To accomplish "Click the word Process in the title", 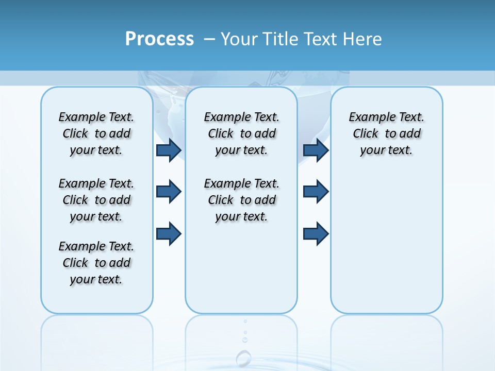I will (159, 39).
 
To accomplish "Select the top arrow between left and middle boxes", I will (168, 150).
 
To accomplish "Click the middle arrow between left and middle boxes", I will (168, 192).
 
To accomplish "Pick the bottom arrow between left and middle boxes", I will (168, 233).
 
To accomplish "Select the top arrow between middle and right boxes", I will (316, 150).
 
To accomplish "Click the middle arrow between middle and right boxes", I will (316, 192).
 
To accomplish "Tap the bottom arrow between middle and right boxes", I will (316, 233).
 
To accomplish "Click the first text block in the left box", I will (96, 133).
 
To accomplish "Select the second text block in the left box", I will (96, 200).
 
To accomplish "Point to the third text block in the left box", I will (96, 263).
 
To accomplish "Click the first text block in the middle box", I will (241, 133).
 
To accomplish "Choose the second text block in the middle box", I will (241, 200).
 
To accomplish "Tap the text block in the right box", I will (386, 133).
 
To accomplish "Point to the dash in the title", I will (209, 39).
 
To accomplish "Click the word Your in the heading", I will (239, 39).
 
